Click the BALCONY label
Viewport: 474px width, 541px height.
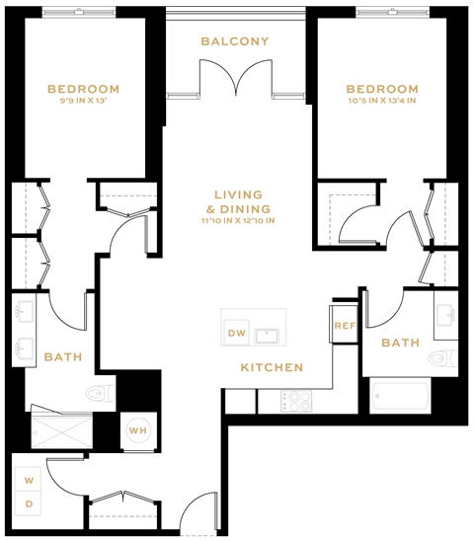pyautogui.click(x=235, y=41)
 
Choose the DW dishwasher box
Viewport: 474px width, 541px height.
pyautogui.click(x=236, y=334)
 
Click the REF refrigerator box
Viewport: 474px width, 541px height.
pyautogui.click(x=344, y=326)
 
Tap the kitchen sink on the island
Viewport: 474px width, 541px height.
pyautogui.click(x=268, y=335)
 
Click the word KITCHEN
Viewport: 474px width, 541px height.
pyautogui.click(x=271, y=367)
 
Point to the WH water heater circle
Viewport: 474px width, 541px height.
pyautogui.click(x=138, y=430)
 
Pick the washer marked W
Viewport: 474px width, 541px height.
pyautogui.click(x=28, y=482)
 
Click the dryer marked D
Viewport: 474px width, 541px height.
pyautogui.click(x=28, y=504)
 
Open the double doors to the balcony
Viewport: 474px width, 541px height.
pyautogui.click(x=235, y=77)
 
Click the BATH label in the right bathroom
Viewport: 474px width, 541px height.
pyautogui.click(x=400, y=343)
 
